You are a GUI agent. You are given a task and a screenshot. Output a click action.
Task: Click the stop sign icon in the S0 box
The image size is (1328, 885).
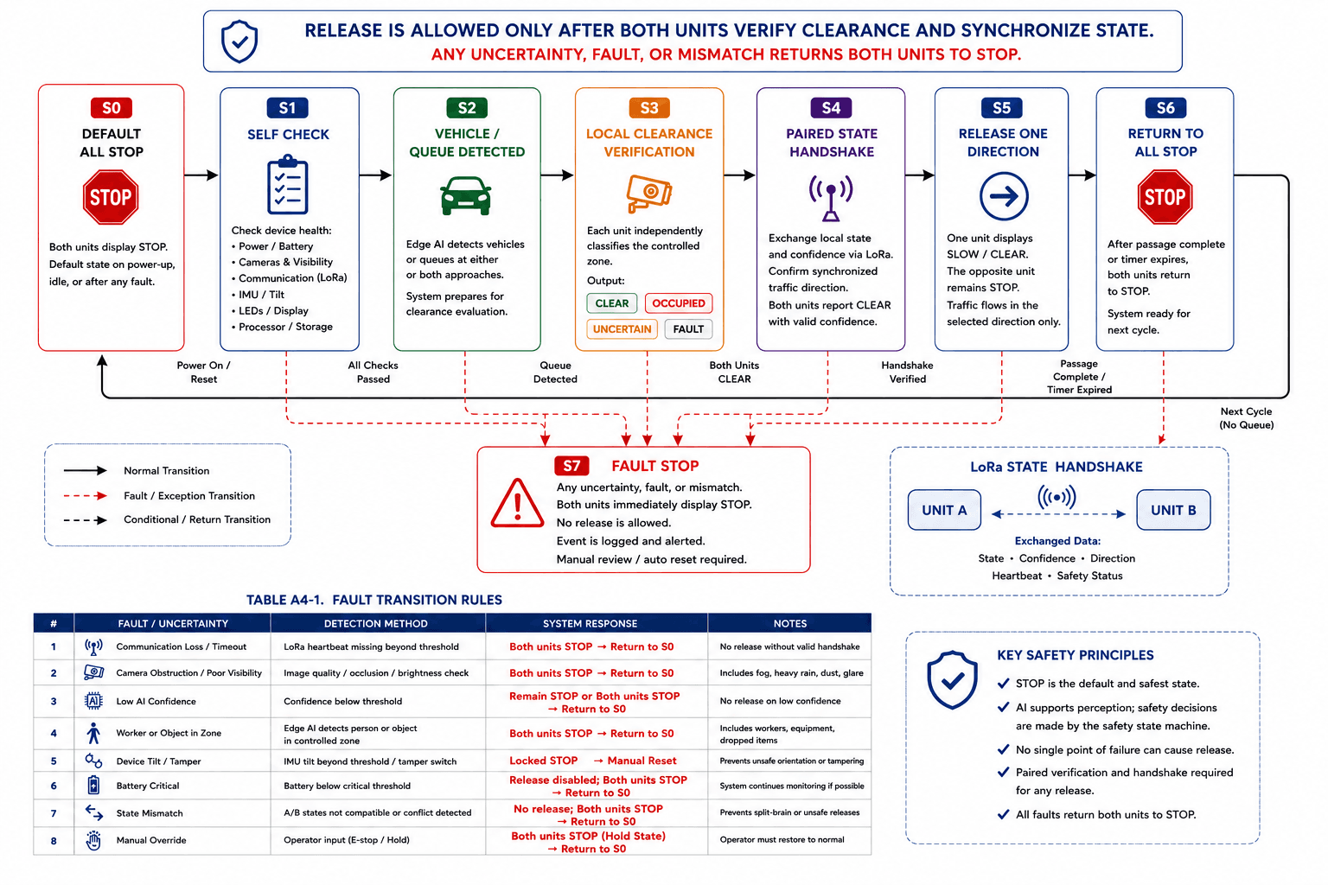pos(111,197)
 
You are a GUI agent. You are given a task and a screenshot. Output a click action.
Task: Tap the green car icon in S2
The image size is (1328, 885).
pos(466,195)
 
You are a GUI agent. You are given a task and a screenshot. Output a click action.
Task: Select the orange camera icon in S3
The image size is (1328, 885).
pos(649,193)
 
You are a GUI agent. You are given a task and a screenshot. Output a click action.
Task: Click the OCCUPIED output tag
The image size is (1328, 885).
pos(678,302)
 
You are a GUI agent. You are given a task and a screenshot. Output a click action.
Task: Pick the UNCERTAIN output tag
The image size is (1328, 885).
pos(622,329)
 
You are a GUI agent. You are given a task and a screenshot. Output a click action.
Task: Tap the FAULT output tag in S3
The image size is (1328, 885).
pos(688,329)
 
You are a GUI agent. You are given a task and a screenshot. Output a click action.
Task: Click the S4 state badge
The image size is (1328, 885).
pos(831,108)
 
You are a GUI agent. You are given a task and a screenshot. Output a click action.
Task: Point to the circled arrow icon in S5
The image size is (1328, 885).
pos(1003,196)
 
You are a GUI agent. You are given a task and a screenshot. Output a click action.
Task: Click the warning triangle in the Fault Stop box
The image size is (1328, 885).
pos(517,503)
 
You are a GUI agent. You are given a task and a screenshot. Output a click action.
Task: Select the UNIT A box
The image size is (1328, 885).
pos(944,510)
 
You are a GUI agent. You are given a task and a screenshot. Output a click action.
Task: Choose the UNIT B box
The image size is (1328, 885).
pos(1173,510)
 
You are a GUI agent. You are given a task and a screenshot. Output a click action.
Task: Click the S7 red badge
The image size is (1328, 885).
pos(571,466)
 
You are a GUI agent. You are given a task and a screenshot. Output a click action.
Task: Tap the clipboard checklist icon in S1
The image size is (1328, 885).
pos(288,184)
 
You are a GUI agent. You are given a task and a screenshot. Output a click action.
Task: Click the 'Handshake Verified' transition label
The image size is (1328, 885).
pos(907,372)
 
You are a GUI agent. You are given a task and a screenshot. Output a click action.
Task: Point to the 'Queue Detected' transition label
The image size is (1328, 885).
pos(555,372)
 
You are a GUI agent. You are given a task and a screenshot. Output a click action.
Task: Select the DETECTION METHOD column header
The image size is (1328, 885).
pos(375,624)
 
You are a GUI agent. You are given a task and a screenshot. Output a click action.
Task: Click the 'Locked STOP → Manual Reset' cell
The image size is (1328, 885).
pos(592,761)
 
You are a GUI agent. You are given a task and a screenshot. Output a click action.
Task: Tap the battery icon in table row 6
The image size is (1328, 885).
pos(93,785)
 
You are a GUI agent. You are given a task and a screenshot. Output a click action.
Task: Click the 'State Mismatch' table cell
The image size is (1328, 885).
pos(150,813)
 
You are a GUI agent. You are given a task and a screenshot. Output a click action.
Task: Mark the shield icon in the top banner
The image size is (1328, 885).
pos(239,41)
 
